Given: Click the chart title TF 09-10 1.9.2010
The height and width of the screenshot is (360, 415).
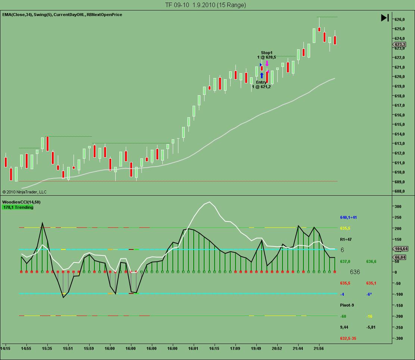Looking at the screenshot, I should click(x=206, y=5).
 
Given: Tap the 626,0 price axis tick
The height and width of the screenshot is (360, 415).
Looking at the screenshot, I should click(x=400, y=19).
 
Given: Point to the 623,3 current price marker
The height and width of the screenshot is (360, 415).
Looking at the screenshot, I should click(x=400, y=44).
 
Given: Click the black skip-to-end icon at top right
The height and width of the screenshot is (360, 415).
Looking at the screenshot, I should click(x=385, y=18).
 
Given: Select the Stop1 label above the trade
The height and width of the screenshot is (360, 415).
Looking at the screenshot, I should click(x=266, y=53).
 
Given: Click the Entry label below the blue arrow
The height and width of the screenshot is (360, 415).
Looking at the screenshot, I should click(x=261, y=82).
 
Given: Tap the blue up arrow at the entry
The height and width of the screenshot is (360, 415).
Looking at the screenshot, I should click(x=262, y=75).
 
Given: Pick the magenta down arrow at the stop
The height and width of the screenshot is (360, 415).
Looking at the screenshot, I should click(x=267, y=63).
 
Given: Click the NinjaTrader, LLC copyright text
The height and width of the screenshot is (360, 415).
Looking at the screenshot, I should click(x=25, y=192).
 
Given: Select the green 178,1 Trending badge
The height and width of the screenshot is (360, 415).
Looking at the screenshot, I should click(x=18, y=207).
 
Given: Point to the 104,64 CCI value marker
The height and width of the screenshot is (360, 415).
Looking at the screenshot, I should click(x=400, y=249).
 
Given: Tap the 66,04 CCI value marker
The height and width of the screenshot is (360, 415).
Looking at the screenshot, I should click(x=400, y=257).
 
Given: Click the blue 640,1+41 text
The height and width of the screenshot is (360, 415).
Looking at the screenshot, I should click(x=348, y=217).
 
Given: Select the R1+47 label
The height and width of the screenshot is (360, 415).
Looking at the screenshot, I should click(x=346, y=239).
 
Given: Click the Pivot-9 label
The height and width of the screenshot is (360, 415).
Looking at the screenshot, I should click(x=347, y=305).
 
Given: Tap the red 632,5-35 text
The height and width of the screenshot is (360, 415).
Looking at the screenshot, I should click(x=348, y=338).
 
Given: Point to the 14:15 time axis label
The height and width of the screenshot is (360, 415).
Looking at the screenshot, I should click(x=5, y=348).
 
